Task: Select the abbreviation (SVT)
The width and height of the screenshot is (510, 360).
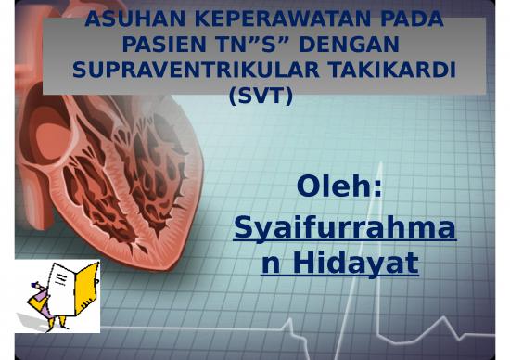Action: point(260,94)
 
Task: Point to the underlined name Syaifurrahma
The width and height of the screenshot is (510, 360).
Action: point(344,227)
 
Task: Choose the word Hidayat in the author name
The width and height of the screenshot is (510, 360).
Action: point(351,264)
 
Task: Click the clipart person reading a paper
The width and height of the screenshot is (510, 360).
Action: point(57,296)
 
